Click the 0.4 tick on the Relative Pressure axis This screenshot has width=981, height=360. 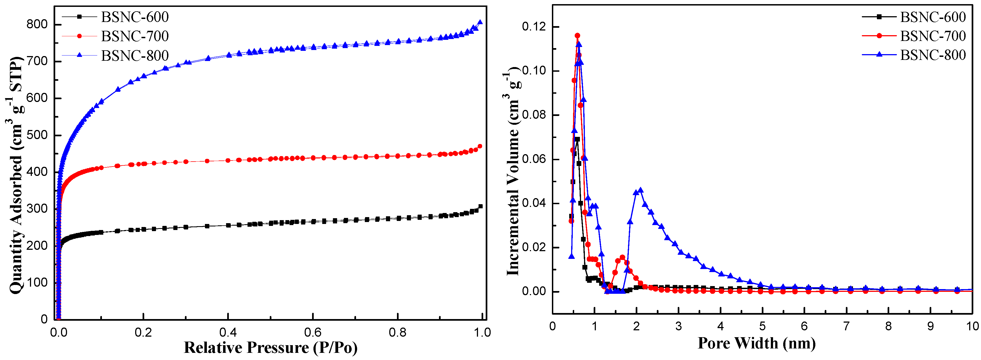[228, 332]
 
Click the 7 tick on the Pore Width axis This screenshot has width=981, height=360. [846, 326]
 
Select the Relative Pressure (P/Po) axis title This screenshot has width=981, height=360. [270, 347]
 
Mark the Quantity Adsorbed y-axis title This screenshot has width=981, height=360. [16, 175]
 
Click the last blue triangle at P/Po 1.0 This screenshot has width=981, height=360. [480, 22]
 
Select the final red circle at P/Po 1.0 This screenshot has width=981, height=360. [480, 146]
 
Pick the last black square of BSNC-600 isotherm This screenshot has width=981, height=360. [480, 206]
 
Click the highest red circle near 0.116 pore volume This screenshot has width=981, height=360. [577, 35]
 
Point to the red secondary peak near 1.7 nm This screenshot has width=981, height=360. [622, 257]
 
